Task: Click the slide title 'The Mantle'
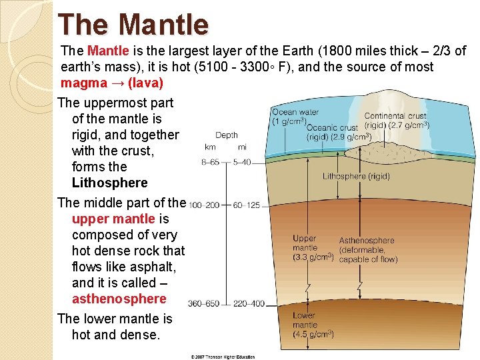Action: (133, 25)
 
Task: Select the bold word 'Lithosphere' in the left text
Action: (109, 183)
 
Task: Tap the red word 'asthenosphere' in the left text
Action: (119, 299)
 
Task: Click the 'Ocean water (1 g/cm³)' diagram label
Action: (295, 117)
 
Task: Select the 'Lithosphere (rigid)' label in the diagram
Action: (356, 177)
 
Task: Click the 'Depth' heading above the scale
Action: (226, 135)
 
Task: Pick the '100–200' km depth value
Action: (205, 205)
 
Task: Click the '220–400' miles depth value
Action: (248, 304)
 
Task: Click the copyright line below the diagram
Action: (223, 357)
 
